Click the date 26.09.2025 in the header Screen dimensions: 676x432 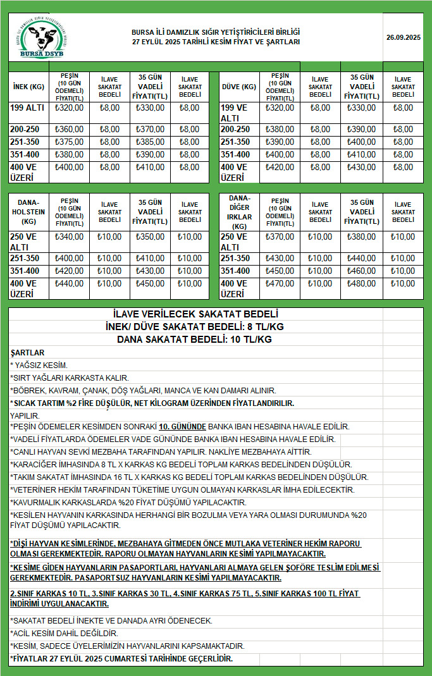[x=404, y=38]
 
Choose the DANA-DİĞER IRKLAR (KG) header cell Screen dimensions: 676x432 [x=238, y=212]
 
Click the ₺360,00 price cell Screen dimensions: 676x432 [x=70, y=129]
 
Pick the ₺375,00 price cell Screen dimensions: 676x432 [x=70, y=142]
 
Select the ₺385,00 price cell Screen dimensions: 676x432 [x=150, y=142]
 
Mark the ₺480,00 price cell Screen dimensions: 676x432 [x=362, y=284]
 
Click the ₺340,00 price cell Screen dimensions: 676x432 [x=70, y=237]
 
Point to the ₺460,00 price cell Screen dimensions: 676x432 [x=362, y=271]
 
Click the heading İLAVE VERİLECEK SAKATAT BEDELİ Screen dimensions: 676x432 [x=194, y=314]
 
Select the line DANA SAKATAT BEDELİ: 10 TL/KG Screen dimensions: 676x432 [x=194, y=340]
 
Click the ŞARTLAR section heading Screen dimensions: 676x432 [x=27, y=353]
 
